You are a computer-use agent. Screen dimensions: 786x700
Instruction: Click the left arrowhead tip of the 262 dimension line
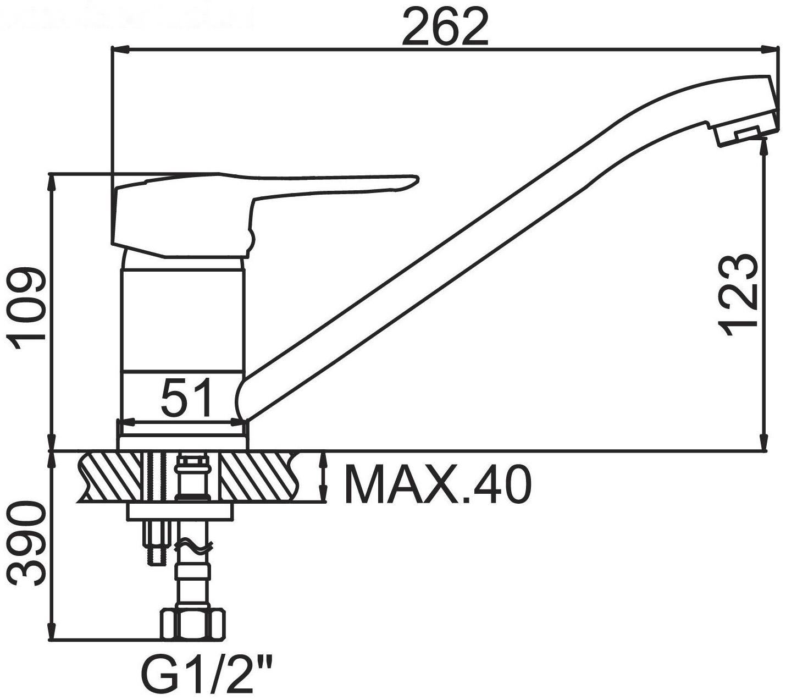(x=112, y=49)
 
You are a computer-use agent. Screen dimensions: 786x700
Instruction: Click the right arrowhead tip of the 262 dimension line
(x=778, y=49)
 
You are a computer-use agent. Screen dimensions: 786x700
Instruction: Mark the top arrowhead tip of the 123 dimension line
(x=764, y=137)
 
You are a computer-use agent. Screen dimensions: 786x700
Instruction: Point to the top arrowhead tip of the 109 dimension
(x=51, y=173)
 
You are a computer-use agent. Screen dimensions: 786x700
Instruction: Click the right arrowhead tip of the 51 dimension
(x=245, y=422)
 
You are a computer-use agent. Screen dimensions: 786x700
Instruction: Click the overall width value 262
(x=445, y=27)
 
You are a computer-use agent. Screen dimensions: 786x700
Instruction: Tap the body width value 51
(x=187, y=398)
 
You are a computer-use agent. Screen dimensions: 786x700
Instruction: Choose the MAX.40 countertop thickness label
(x=437, y=484)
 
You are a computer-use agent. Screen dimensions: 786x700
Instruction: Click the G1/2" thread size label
(x=206, y=673)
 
